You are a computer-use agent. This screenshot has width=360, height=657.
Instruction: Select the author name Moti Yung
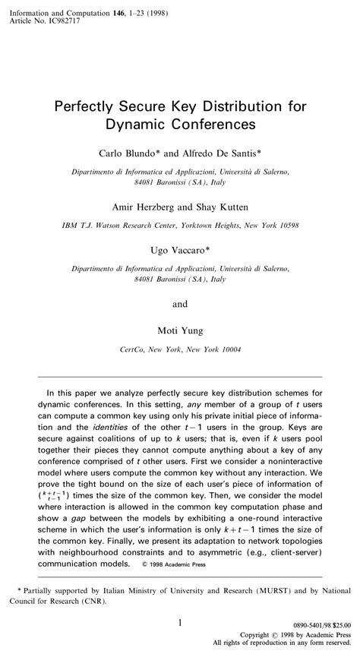pos(179,331)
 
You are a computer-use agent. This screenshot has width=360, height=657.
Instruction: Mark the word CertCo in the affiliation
pos(135,349)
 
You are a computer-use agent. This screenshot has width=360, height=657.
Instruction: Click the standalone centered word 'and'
pos(180,305)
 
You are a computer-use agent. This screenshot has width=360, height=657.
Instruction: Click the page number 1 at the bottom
pos(180,623)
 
